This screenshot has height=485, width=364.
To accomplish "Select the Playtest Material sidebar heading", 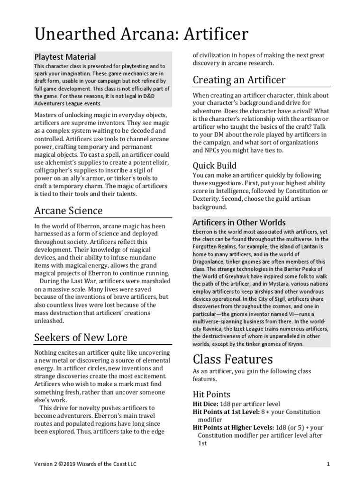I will pos(65,57).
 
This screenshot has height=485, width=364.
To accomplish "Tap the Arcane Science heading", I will pos(68,210).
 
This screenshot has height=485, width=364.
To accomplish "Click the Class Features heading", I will pos(232,359).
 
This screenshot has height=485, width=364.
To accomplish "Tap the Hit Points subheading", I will pos(211,394).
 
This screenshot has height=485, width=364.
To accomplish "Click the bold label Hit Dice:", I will pos(205,404).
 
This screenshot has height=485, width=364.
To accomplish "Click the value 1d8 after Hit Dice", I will pos(226,404).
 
